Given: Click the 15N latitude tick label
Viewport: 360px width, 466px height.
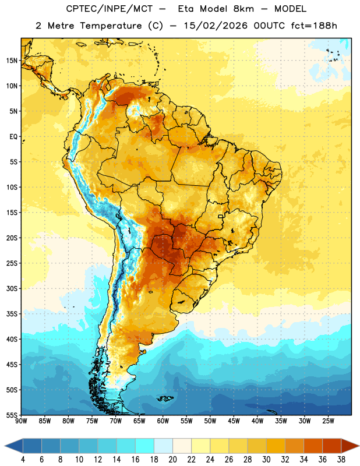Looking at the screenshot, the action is click(12, 61).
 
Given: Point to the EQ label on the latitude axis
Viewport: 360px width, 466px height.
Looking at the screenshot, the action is click(13, 137).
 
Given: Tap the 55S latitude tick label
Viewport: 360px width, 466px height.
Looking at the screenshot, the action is click(12, 415).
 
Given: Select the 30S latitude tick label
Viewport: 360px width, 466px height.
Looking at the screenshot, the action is click(12, 288).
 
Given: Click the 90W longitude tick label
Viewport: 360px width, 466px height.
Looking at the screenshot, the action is click(21, 421).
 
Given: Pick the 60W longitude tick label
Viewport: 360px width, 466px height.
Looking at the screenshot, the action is click(163, 421).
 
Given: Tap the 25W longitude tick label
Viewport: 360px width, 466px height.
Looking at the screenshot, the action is click(328, 421).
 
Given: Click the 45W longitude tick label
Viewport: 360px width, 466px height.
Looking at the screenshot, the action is click(234, 421).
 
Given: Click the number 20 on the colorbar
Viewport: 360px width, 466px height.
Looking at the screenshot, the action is click(172, 460).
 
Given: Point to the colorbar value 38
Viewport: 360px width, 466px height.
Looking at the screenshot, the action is click(341, 460).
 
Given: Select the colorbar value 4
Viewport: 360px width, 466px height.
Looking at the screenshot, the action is click(23, 460).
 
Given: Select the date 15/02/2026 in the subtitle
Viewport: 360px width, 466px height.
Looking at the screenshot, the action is click(216, 26).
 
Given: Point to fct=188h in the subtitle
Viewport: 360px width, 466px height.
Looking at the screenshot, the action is click(314, 26).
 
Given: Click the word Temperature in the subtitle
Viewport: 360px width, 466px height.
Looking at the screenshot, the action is click(111, 26).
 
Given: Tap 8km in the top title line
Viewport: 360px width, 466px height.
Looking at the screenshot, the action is click(243, 9).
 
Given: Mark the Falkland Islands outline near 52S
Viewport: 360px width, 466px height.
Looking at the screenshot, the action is click(165, 398).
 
